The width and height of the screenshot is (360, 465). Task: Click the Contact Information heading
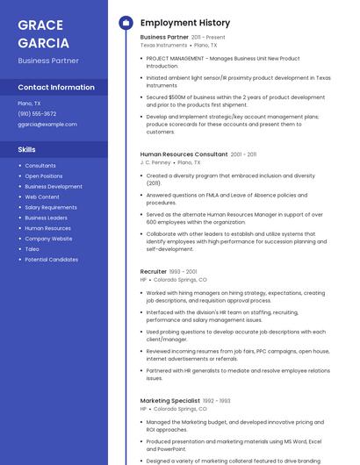pos(56,88)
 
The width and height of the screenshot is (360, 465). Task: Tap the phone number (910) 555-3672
pos(37,113)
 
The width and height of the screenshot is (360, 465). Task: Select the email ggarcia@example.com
pos(47,124)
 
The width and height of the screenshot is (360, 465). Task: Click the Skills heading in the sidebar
pos(26,150)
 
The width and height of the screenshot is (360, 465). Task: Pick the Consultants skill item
pos(40,166)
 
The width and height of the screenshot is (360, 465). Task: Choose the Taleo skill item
pos(32,249)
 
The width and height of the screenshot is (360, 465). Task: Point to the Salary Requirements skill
pos(51,207)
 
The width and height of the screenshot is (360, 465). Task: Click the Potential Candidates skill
pos(51,260)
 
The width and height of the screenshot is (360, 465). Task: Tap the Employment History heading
pos(185,23)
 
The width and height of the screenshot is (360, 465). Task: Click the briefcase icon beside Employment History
pos(125,23)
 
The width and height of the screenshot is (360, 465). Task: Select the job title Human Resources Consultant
pos(184,154)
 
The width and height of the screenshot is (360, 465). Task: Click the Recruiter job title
pos(154,272)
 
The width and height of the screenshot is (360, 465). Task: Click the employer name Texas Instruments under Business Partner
pos(164,45)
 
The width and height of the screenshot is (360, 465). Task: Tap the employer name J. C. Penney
pos(155,162)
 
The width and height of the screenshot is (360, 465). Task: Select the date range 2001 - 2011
pos(244,154)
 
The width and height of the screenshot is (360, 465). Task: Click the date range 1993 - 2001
pos(184,272)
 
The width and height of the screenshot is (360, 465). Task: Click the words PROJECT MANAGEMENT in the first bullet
pos(175,59)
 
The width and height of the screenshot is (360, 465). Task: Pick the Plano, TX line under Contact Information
pos(30,104)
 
